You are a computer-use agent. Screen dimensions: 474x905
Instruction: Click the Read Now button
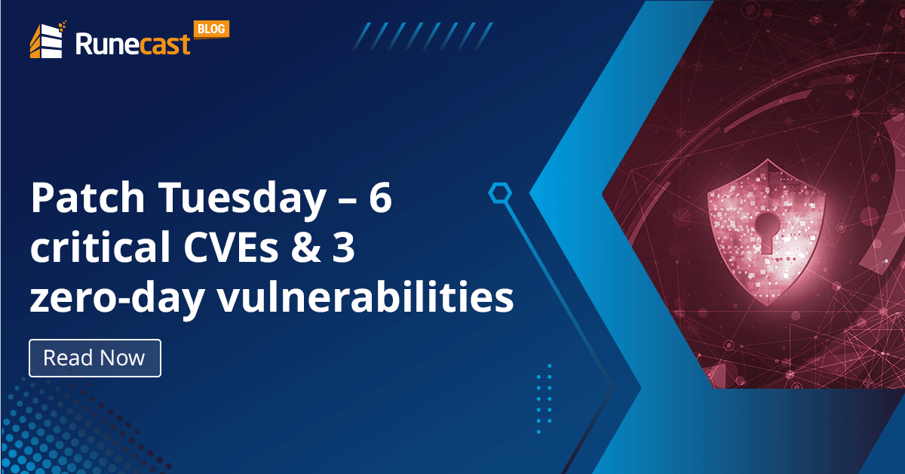click(95, 358)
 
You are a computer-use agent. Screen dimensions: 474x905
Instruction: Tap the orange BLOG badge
click(211, 29)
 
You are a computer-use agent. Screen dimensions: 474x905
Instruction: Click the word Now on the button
click(121, 358)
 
